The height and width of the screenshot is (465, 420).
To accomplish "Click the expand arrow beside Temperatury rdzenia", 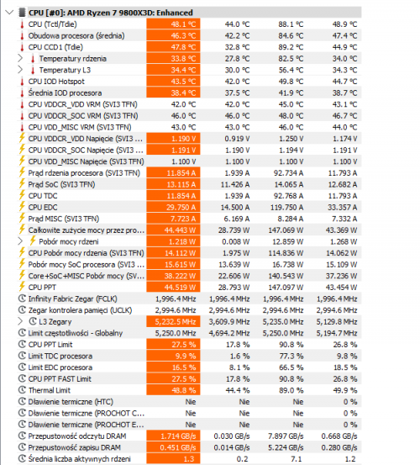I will [x=21, y=58].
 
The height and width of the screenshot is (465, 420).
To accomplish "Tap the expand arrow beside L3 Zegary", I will [x=21, y=320].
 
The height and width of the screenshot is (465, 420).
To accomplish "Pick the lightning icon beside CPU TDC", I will [x=21, y=194].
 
